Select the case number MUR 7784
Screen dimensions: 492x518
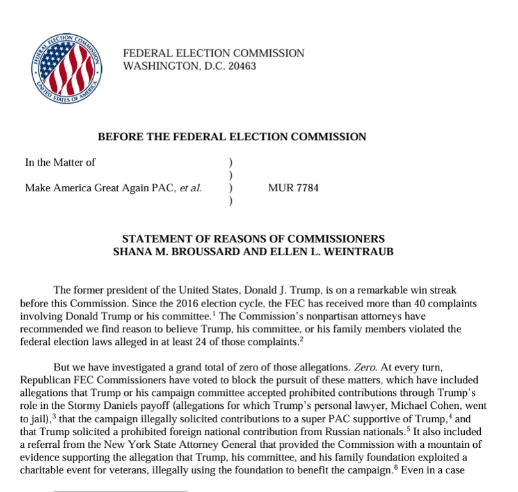tap(293, 188)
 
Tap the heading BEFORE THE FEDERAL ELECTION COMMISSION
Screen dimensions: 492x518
tap(232, 136)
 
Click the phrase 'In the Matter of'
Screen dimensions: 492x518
tap(60, 163)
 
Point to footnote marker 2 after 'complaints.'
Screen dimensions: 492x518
tap(301, 339)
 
